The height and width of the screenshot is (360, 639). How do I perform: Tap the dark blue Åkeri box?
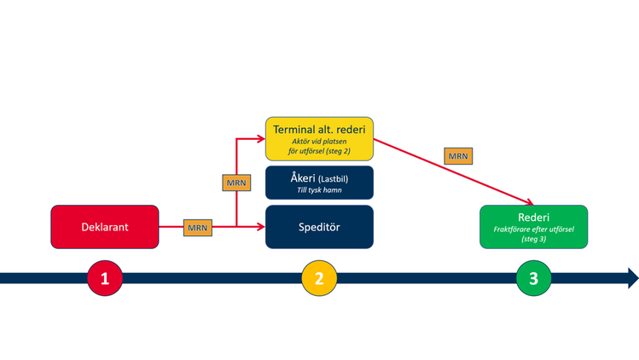[319, 182]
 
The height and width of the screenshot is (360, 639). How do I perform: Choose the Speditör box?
[319, 227]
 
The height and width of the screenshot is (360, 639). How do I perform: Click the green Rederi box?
[532, 226]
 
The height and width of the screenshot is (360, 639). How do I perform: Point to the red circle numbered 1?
[105, 278]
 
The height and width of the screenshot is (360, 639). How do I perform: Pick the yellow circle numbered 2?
[319, 278]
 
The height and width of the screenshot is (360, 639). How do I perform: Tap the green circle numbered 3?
[533, 278]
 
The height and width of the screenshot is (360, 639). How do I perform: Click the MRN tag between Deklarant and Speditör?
[198, 228]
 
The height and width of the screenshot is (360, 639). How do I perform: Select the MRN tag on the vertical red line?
[235, 183]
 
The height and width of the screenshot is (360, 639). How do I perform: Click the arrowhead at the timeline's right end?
[632, 278]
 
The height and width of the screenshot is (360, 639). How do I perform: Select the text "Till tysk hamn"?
[319, 190]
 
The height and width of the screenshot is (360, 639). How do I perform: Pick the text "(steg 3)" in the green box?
[532, 240]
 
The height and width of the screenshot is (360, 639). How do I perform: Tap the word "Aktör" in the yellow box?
[302, 142]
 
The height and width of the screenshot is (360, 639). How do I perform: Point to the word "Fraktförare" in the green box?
[512, 229]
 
